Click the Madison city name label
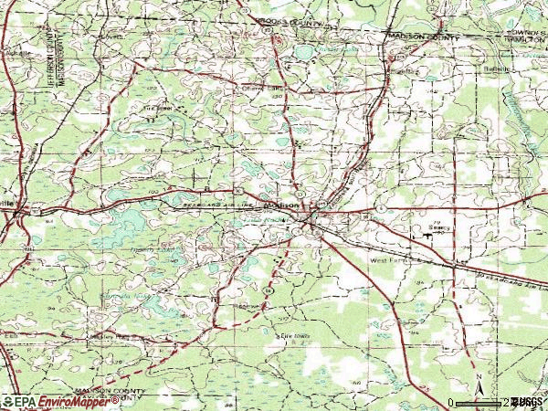tap(283, 205)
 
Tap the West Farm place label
tap(386, 261)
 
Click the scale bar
tap(479, 402)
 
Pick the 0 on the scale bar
tap(450, 402)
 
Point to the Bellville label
tap(497, 68)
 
